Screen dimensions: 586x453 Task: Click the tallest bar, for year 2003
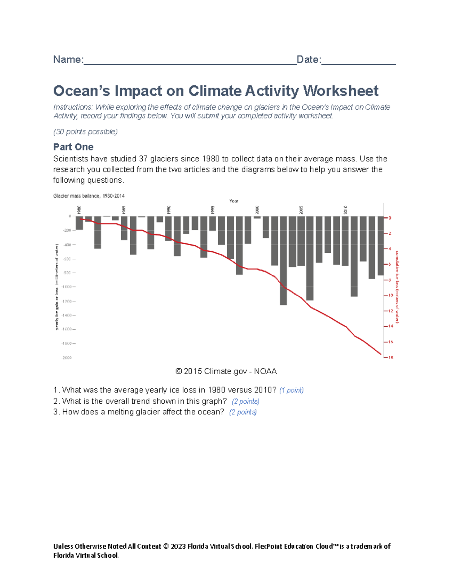click(x=283, y=260)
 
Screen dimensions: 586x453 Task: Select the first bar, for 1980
click(x=79, y=223)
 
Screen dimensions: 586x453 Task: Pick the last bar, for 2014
click(x=381, y=246)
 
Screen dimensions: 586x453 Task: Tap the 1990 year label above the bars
click(x=169, y=210)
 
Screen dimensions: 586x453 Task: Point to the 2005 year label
click(x=301, y=210)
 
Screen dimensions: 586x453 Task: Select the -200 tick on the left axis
click(x=68, y=230)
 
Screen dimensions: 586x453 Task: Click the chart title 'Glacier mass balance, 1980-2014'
click(x=89, y=196)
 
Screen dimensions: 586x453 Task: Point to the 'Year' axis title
click(x=234, y=201)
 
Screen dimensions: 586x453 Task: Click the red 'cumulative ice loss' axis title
click(x=397, y=287)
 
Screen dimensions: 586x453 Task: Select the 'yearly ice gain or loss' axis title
click(x=57, y=287)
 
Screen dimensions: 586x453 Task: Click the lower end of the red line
click(x=380, y=354)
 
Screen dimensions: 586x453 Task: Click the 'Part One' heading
click(x=73, y=147)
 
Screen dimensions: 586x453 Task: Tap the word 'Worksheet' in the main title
click(x=341, y=91)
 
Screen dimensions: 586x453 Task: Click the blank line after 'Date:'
click(x=358, y=60)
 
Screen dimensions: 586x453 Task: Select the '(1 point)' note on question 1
click(x=291, y=390)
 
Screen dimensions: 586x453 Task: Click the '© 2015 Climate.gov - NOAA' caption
click(x=226, y=371)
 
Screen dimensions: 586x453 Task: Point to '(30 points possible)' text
click(x=85, y=132)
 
